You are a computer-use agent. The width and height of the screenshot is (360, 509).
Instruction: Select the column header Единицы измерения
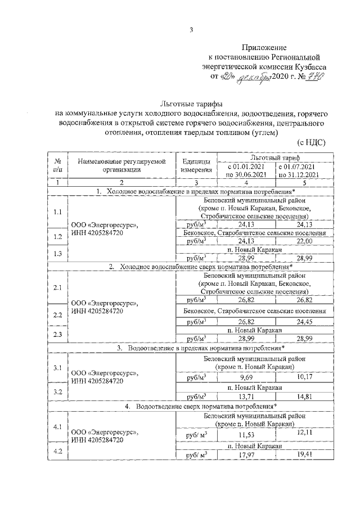[x=196, y=164]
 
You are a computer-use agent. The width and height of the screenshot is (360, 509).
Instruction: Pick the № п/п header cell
[x=57, y=164]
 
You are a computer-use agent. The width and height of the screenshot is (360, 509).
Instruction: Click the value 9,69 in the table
[x=246, y=376]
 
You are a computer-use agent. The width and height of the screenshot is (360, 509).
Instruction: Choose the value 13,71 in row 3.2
[x=246, y=397]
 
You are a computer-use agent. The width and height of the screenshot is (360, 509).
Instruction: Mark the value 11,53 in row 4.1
[x=246, y=435]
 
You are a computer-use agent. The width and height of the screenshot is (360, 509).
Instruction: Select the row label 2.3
[x=57, y=334]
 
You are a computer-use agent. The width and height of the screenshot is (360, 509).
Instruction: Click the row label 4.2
[x=57, y=451]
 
